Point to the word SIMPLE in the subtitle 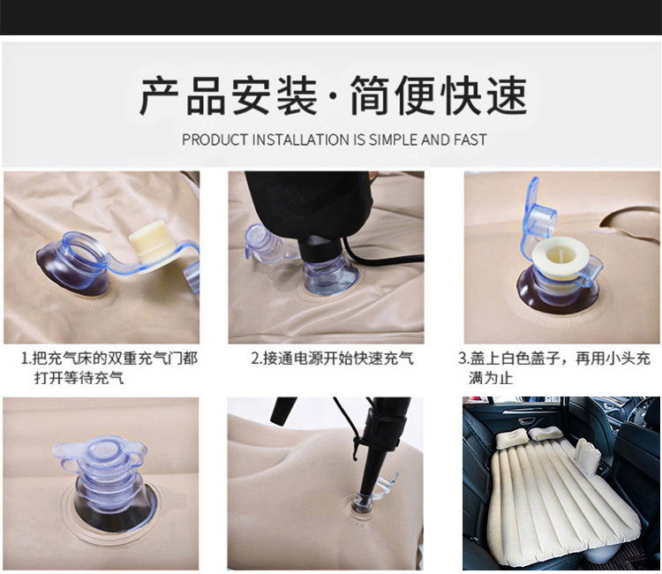[x=394, y=140]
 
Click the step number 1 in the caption [x=26, y=359]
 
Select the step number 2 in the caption [x=255, y=359]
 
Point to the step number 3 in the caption [x=462, y=359]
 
